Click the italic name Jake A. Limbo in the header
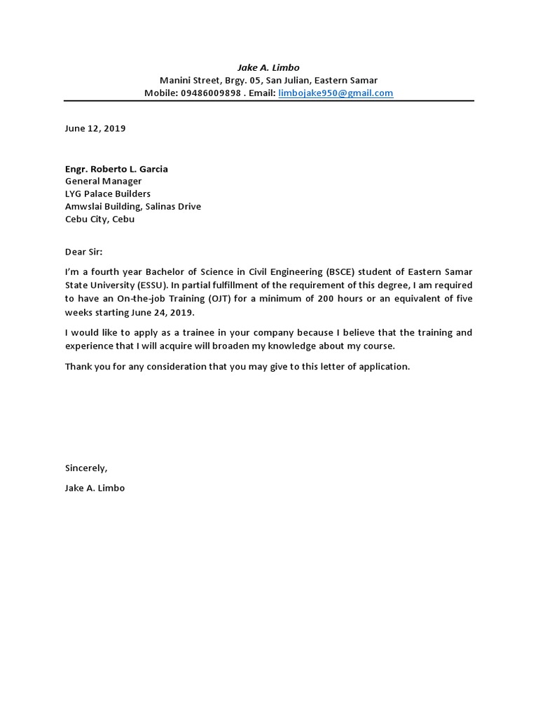(x=268, y=67)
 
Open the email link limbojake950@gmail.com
(x=336, y=93)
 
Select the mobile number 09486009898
(x=210, y=93)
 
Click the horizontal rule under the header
(x=269, y=101)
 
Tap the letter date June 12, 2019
(x=95, y=128)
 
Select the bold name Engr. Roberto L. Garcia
(x=116, y=169)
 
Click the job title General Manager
(x=103, y=181)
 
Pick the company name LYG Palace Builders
(x=107, y=194)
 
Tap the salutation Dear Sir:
(x=83, y=251)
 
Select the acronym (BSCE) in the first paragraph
(x=343, y=271)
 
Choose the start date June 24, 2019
(x=164, y=312)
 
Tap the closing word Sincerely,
(x=86, y=468)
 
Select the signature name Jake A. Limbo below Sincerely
(x=95, y=487)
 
